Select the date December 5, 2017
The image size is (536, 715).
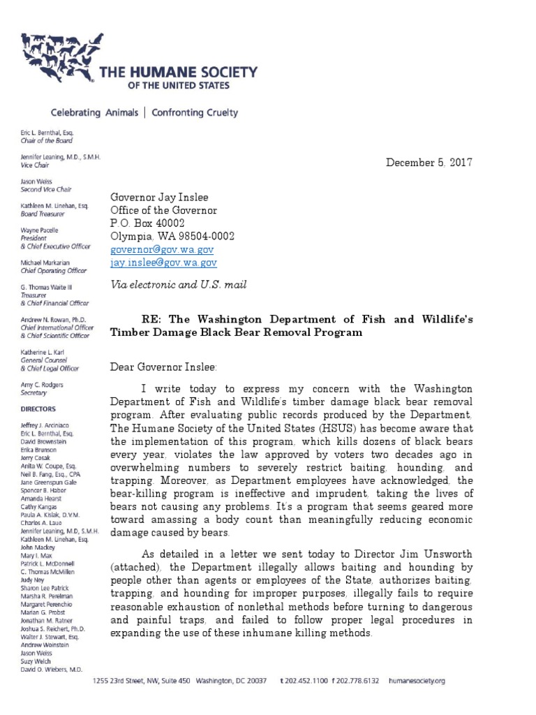tap(429, 163)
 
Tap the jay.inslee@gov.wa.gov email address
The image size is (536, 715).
tap(164, 263)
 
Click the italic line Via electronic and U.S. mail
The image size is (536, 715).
tap(178, 284)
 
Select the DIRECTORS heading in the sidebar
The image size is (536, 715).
tap(39, 408)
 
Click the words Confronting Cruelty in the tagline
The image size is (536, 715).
tap(195, 112)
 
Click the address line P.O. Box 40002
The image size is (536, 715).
tap(147, 223)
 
